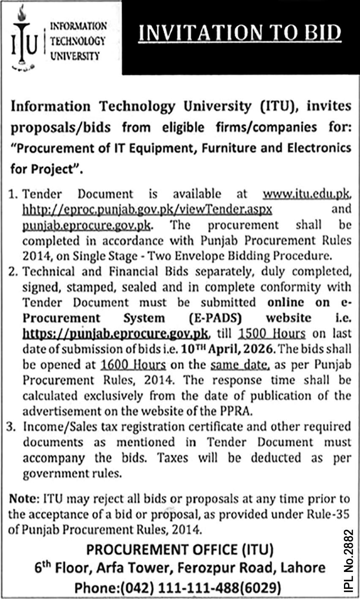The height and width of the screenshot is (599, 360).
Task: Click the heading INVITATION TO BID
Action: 240,33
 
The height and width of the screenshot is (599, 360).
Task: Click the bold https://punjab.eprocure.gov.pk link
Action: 115,333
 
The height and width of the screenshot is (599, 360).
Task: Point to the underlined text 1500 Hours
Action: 272,333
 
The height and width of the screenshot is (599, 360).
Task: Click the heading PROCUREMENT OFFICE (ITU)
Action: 180,550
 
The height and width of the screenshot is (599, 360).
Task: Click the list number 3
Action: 13,427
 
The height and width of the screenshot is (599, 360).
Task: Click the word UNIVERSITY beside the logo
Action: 75,56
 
